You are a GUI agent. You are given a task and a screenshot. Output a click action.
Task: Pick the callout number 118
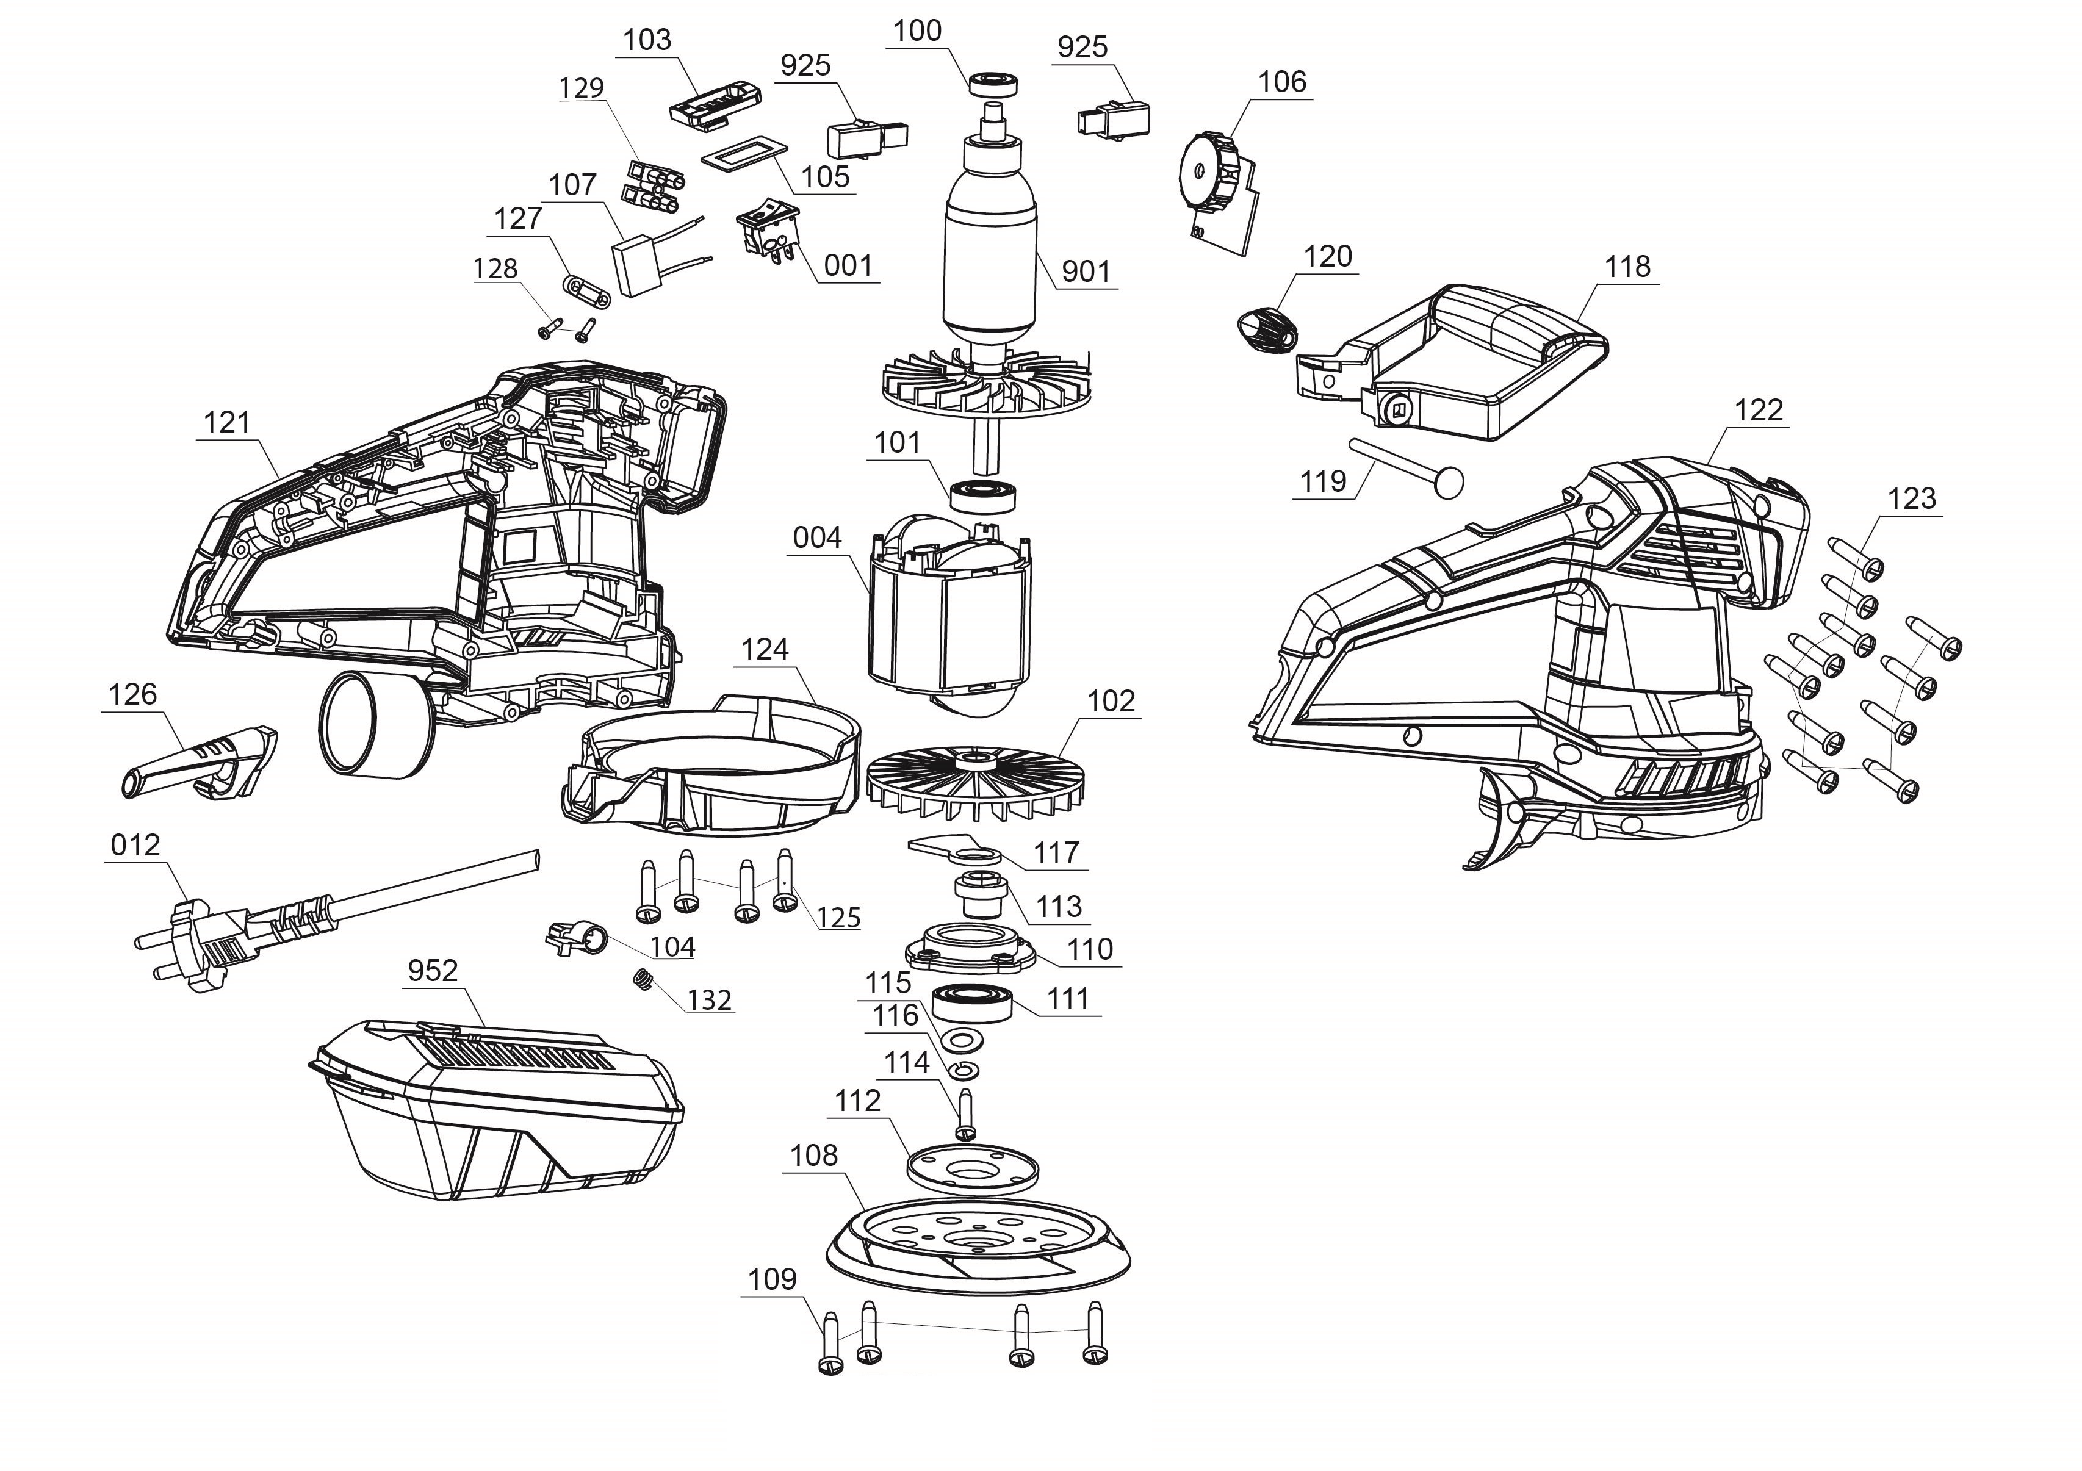point(1627,267)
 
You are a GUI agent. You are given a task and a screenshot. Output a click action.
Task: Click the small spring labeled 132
point(644,980)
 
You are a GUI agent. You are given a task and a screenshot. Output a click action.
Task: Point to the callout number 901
point(1086,271)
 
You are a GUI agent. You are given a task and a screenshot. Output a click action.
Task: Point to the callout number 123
point(1912,498)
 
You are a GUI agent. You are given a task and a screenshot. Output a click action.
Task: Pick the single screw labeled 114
point(965,1115)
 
